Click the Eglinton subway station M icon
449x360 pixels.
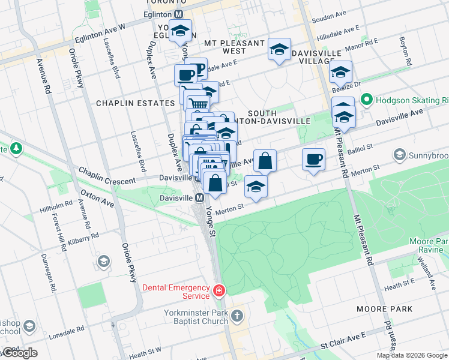click(x=179, y=13)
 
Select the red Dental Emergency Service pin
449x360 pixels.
click(x=219, y=292)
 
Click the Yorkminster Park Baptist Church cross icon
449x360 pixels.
click(x=238, y=315)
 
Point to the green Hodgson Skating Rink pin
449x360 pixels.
click(x=366, y=99)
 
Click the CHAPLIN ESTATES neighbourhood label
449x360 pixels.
click(x=136, y=103)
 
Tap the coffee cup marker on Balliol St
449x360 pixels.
click(x=313, y=160)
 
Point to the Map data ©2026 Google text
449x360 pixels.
click(x=412, y=355)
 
